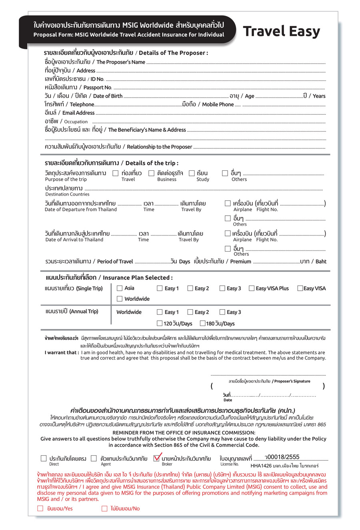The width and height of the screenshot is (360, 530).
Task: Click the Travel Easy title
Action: coord(281,31)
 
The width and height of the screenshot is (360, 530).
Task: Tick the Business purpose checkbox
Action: coord(151,173)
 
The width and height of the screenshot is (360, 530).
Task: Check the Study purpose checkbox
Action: coord(192,173)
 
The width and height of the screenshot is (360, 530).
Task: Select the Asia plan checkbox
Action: coord(120,288)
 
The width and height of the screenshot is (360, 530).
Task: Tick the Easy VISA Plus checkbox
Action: coord(252,288)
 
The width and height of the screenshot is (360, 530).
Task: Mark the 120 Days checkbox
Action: coord(160,323)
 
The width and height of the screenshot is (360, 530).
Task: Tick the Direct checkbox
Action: coord(44,458)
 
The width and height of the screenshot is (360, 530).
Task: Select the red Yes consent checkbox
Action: coord(40,508)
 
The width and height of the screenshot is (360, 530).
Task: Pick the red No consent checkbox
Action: coord(104,508)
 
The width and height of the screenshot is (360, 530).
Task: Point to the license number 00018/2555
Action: coord(283,457)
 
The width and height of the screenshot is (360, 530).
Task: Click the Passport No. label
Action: coord(97,88)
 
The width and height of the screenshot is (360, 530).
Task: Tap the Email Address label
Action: coord(78,113)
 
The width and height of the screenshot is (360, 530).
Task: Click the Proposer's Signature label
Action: coord(291,381)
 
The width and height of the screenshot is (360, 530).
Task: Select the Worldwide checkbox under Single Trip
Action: coord(120,299)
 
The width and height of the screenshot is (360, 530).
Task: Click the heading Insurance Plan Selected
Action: coord(138,278)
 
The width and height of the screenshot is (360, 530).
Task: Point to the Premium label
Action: coord(240,262)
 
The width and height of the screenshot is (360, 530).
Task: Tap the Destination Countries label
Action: coord(67,194)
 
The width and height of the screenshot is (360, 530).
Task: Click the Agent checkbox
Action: coord(94,458)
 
